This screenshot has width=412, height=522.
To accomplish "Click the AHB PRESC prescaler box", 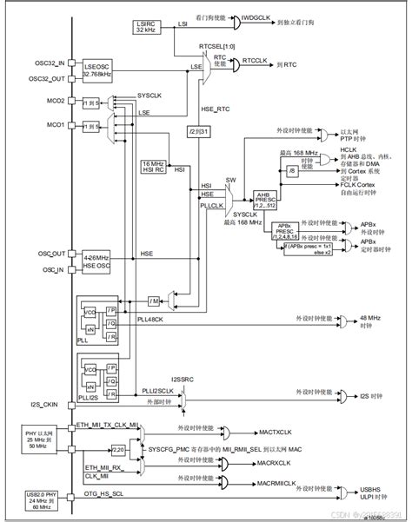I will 264,198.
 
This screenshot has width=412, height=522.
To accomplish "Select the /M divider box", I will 154,301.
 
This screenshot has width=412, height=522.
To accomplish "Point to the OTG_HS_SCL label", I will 105,494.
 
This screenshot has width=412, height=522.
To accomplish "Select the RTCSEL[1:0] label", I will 217,46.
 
